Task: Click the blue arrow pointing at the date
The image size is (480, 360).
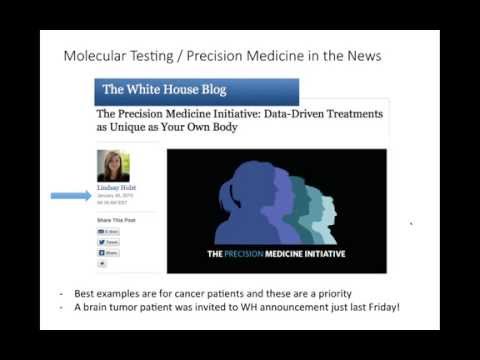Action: tap(70, 195)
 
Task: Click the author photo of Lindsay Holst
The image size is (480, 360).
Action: tap(113, 165)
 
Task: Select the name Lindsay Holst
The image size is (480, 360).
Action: tap(114, 187)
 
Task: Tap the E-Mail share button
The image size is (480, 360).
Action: tap(108, 230)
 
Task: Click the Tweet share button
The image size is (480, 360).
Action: tap(108, 242)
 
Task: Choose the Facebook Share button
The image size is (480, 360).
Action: tap(108, 253)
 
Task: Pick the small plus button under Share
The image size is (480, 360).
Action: tap(101, 264)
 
